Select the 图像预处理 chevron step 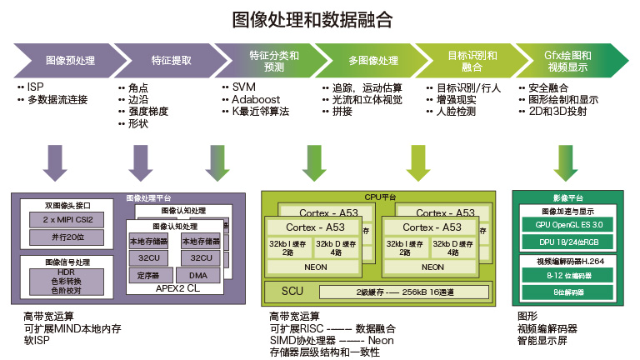tap(70, 61)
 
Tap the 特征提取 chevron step tap(171, 61)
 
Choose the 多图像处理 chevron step tap(372, 61)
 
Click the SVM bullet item tap(244, 87)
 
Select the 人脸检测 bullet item tap(455, 111)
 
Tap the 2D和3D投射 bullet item tap(557, 111)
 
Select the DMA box tap(198, 275)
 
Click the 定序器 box tap(148, 275)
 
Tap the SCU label tap(292, 292)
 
